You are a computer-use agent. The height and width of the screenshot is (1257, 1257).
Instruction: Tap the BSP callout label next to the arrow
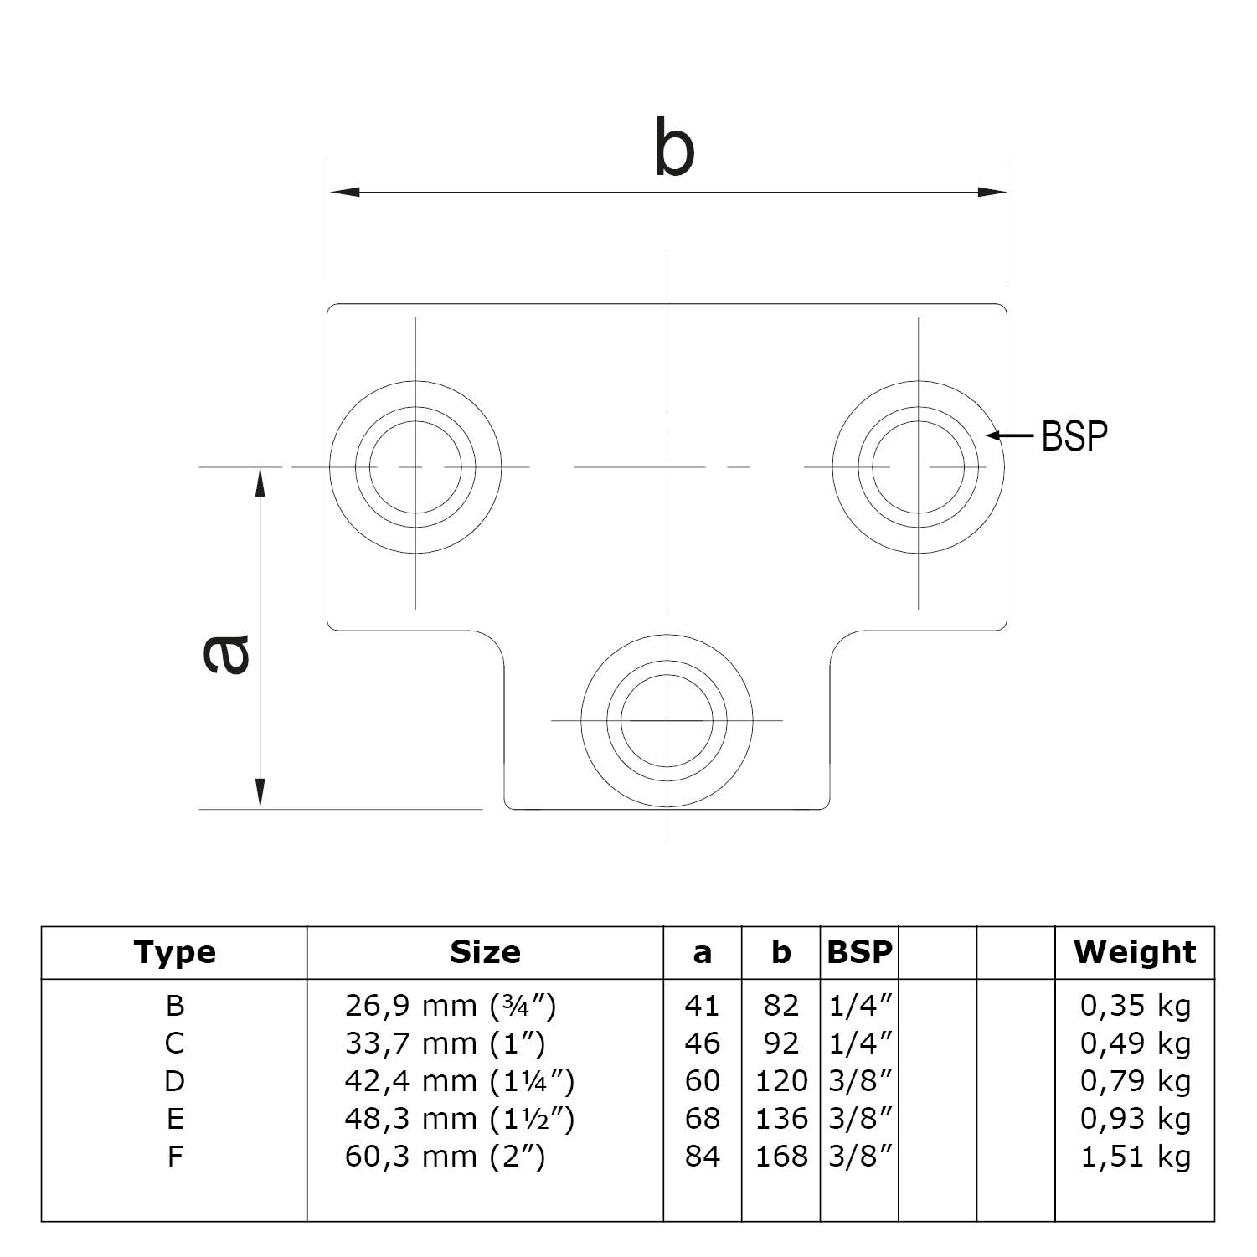click(1074, 436)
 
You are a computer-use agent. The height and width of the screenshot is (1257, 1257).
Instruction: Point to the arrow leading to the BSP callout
click(1011, 435)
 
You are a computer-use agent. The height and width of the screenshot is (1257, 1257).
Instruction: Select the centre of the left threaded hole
click(415, 466)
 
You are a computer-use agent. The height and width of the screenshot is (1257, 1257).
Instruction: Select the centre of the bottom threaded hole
click(667, 720)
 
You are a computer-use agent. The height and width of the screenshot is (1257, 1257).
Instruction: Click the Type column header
click(174, 952)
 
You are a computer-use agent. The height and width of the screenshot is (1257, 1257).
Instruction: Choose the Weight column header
click(1135, 952)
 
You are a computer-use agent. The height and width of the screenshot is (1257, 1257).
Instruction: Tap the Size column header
click(485, 952)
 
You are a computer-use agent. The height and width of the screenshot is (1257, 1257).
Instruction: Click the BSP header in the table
click(859, 952)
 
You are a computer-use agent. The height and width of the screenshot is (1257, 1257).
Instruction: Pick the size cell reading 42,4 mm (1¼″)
click(459, 1081)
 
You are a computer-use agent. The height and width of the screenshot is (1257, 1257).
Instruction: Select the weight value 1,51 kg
click(1135, 1157)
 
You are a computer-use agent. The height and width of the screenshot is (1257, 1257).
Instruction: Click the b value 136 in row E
click(780, 1119)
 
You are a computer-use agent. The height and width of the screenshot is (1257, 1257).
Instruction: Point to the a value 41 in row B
click(702, 1006)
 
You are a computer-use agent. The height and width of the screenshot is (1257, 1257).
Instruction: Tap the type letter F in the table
click(174, 1157)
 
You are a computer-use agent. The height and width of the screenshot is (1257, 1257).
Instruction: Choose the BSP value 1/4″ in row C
click(859, 1043)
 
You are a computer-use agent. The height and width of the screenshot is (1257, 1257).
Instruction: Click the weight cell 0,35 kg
click(1135, 1006)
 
